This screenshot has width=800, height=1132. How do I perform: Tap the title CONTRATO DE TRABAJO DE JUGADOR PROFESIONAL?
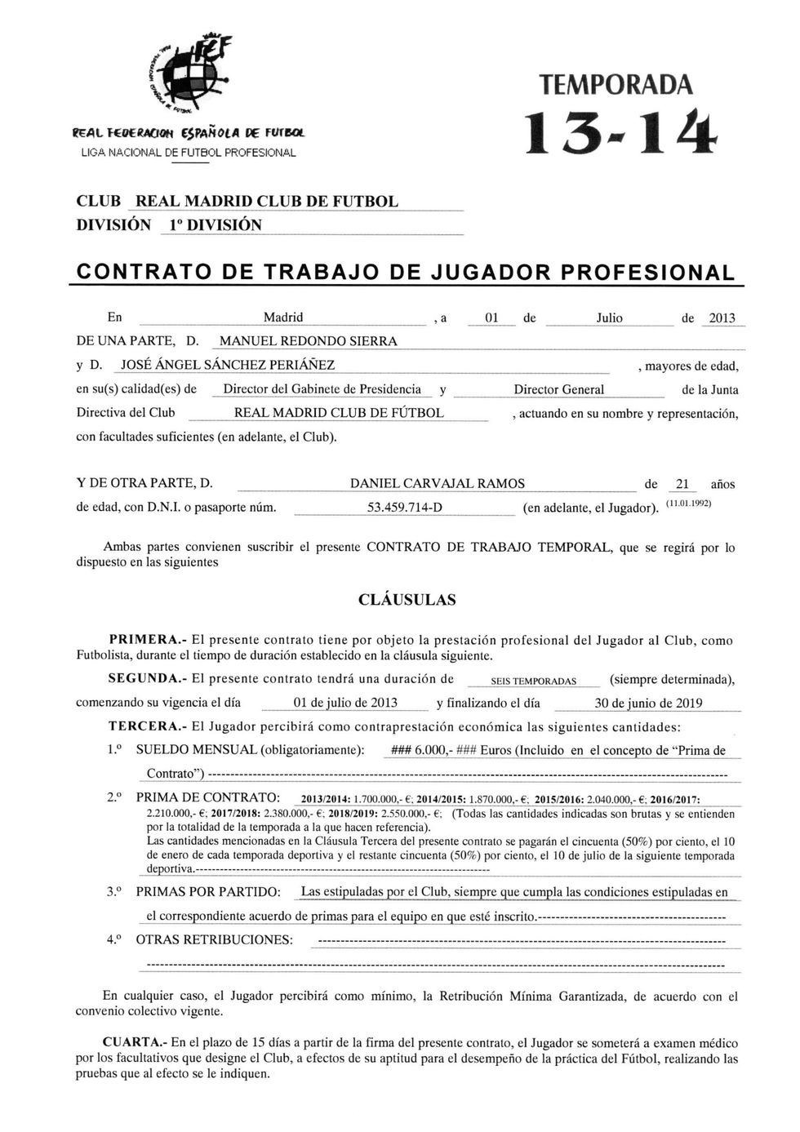point(405,273)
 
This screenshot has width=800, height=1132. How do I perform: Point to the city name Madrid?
point(283,317)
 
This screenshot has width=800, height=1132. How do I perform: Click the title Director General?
point(559,389)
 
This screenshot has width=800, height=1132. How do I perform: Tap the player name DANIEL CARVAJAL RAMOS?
point(437,484)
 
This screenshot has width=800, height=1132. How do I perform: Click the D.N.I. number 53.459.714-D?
point(405,508)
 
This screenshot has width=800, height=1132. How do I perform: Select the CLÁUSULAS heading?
point(407,600)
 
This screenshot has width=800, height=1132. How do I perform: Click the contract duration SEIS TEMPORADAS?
point(534,681)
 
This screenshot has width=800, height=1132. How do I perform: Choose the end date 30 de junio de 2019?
point(648,704)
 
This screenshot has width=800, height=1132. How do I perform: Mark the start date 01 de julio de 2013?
point(345,704)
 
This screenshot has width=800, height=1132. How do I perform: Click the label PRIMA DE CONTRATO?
point(208,797)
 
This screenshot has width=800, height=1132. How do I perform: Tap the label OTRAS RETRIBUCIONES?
point(214,939)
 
